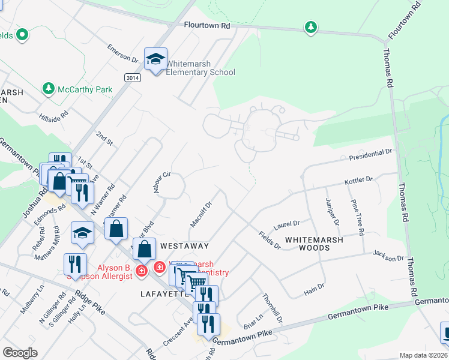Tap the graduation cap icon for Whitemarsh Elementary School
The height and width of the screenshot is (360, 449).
pyautogui.click(x=155, y=59)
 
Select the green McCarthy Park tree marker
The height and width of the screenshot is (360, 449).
pyautogui.click(x=49, y=89)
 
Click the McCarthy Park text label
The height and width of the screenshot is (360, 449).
pyautogui.click(x=85, y=89)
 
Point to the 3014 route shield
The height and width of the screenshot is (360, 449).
pyautogui.click(x=133, y=78)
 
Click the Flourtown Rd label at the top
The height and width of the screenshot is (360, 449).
pyautogui.click(x=207, y=26)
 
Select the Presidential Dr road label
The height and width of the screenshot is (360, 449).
pyautogui.click(x=371, y=155)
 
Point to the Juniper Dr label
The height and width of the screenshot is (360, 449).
pyautogui.click(x=332, y=212)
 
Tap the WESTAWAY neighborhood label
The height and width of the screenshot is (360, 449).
pyautogui.click(x=185, y=246)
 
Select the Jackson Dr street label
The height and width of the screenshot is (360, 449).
pyautogui.click(x=388, y=256)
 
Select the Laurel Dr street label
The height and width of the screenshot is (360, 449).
pyautogui.click(x=286, y=225)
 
